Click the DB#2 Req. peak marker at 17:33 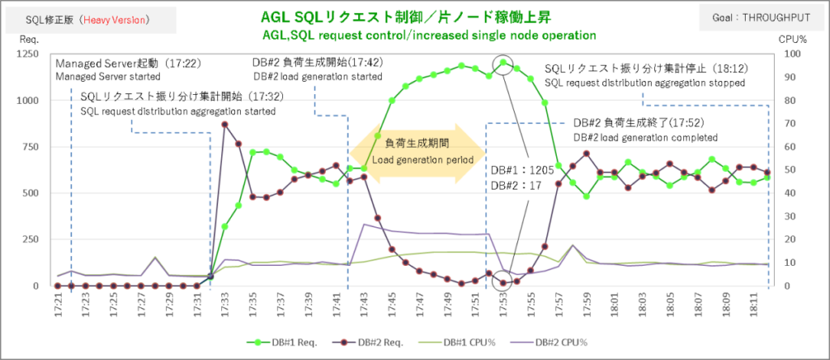click(x=225, y=124)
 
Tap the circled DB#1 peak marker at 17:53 click(x=503, y=62)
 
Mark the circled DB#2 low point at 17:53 click(x=503, y=283)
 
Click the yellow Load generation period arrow click(x=417, y=152)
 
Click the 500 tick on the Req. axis click(x=29, y=193)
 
